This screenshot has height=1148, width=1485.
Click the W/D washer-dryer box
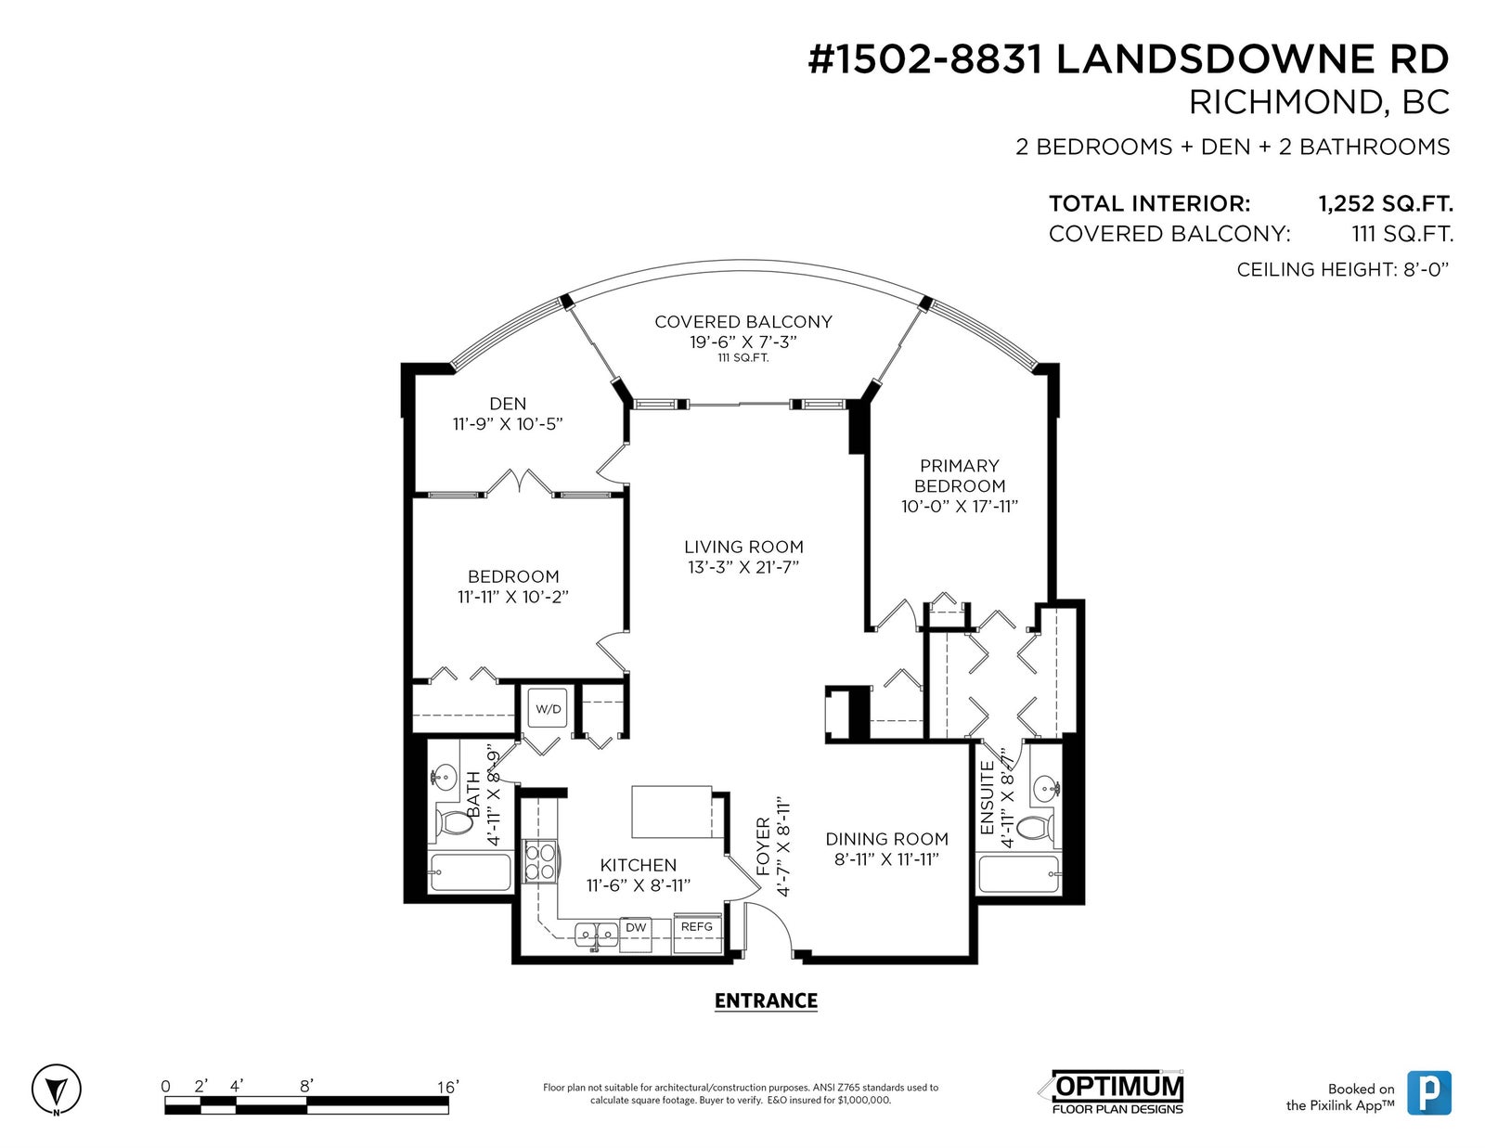tap(548, 709)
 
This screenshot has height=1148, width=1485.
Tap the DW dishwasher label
tap(636, 927)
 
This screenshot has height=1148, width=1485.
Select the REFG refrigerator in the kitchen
tap(697, 933)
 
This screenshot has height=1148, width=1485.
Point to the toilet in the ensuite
tap(1036, 828)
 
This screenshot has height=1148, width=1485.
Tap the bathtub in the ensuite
tap(1019, 874)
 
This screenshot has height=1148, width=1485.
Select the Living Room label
tap(743, 547)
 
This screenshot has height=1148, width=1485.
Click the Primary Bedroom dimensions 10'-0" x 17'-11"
tap(960, 507)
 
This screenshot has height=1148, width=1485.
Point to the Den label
tap(508, 404)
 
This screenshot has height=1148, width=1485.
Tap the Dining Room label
tap(887, 838)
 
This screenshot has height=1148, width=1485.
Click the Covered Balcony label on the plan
tap(743, 322)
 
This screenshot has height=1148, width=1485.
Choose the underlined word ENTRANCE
tap(766, 1001)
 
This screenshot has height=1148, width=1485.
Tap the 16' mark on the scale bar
tap(448, 1087)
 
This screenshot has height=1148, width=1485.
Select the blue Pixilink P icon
tap(1429, 1092)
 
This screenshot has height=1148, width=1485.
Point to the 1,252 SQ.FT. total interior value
tap(1385, 203)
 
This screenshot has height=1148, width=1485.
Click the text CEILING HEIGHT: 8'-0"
tap(1343, 270)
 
